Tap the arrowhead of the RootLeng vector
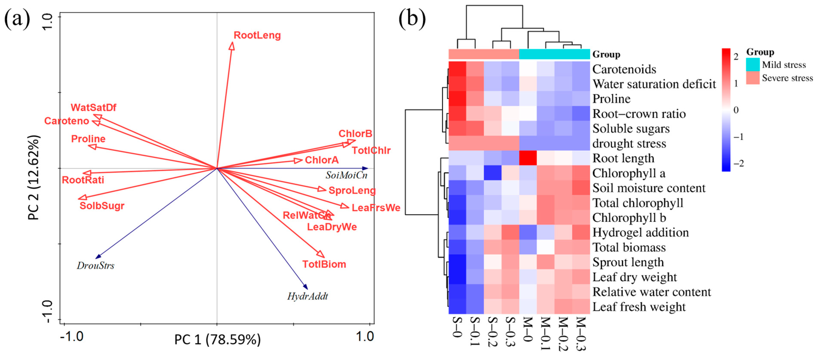[232, 46]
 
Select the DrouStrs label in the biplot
[95, 265]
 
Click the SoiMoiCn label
[346, 175]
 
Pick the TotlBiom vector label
[324, 264]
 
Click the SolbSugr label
[102, 206]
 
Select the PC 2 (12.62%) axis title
[34, 178]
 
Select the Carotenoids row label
[624, 69]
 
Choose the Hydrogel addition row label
[640, 232]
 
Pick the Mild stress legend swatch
[753, 64]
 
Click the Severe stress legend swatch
[753, 78]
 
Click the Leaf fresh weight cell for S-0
[457, 307]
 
